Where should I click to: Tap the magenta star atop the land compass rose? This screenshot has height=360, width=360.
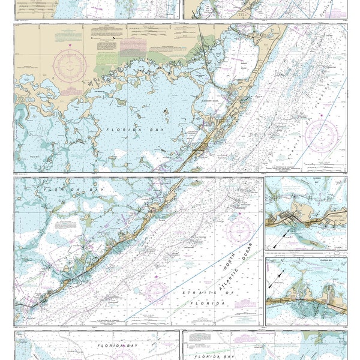point(70,46)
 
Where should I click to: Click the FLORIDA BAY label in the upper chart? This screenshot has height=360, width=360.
point(122,129)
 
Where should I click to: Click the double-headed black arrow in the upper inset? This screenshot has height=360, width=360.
point(277,241)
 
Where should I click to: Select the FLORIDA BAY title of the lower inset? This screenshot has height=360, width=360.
point(306,261)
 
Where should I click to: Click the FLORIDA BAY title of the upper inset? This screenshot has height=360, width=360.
point(306,180)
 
